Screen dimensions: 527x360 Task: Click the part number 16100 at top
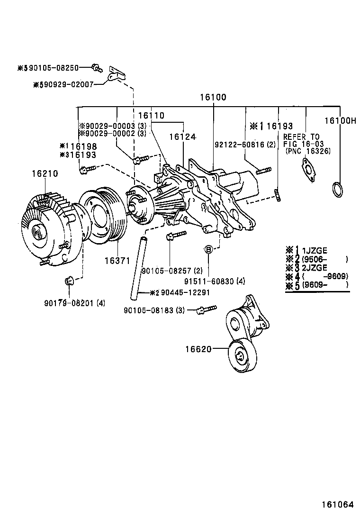pyautogui.click(x=213, y=98)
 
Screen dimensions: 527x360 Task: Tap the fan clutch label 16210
pyautogui.click(x=45, y=174)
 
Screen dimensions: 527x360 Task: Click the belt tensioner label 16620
pyautogui.click(x=198, y=349)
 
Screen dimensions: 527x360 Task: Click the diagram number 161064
pyautogui.click(x=337, y=505)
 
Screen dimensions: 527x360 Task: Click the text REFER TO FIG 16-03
pyautogui.click(x=302, y=140)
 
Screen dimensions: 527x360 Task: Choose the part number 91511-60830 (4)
pyautogui.click(x=215, y=281)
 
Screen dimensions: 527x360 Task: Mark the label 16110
pyautogui.click(x=151, y=116)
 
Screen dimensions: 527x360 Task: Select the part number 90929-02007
pyautogui.click(x=66, y=85)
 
